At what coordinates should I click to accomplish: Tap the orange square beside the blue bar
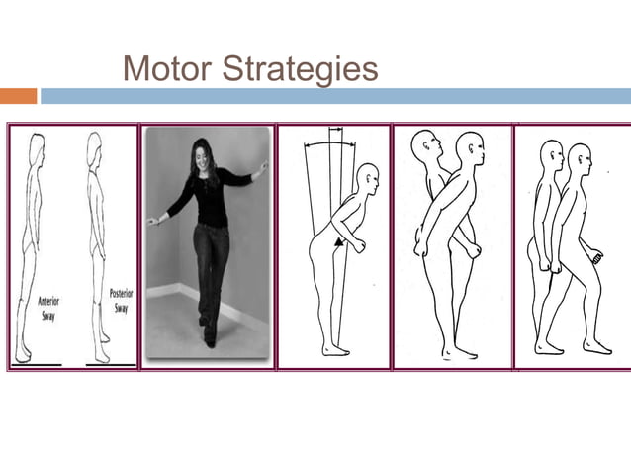pyautogui.click(x=18, y=96)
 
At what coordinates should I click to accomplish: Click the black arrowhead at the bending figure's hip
pyautogui.click(x=340, y=240)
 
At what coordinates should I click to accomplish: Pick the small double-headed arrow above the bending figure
pyautogui.click(x=336, y=129)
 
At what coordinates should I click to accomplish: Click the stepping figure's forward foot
pyautogui.click(x=597, y=347)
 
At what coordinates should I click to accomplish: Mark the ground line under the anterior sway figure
pyautogui.click(x=36, y=364)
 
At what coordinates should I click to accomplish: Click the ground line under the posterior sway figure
pyautogui.click(x=110, y=364)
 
